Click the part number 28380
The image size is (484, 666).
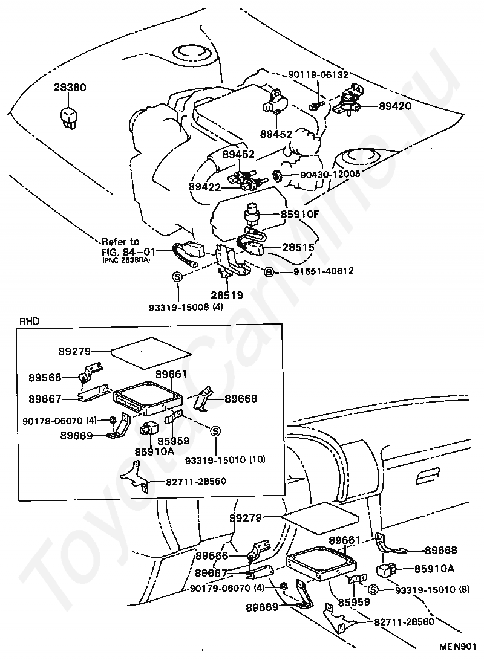click(70, 88)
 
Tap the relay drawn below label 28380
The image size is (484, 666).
click(68, 115)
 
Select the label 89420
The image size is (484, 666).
click(395, 106)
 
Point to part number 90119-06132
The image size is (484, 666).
click(327, 75)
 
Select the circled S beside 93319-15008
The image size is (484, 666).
click(177, 277)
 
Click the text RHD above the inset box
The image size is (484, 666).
click(29, 322)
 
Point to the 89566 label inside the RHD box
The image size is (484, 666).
click(45, 378)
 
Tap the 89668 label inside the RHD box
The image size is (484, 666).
click(241, 399)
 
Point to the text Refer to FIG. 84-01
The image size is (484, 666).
click(120, 246)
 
